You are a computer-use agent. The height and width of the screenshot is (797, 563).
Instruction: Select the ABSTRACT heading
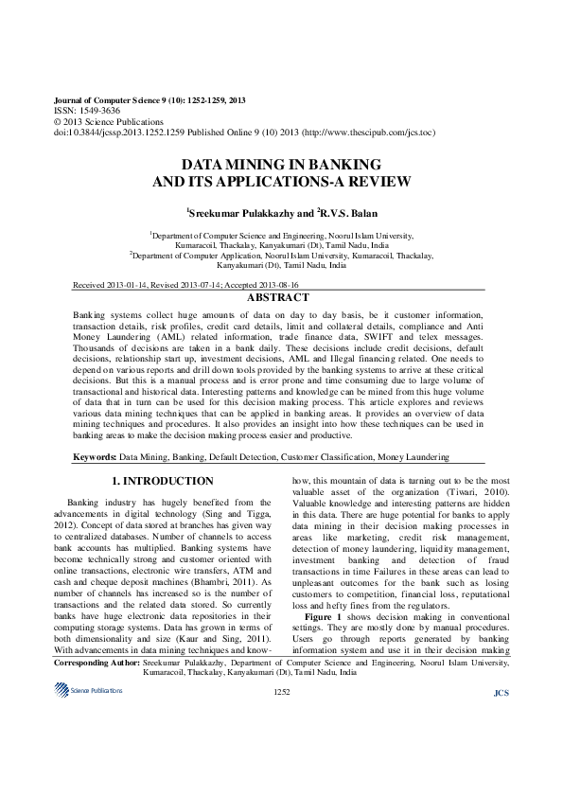(279, 297)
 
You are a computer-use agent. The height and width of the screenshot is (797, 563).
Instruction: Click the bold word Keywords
(95, 458)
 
